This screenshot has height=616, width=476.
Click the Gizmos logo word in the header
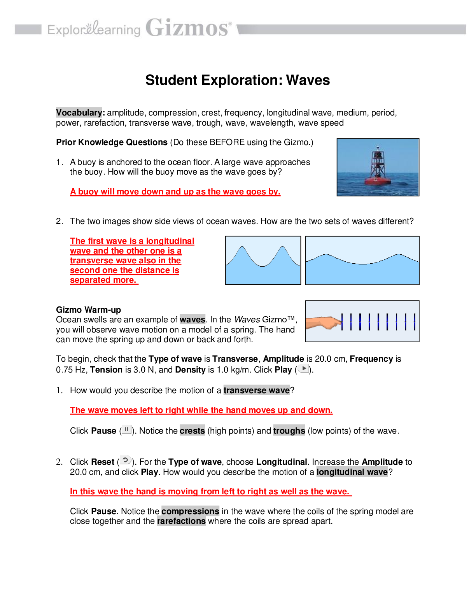[188, 28]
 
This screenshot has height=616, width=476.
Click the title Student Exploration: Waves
[238, 80]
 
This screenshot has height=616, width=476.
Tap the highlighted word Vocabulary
[79, 113]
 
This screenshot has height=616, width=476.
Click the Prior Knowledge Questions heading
[112, 142]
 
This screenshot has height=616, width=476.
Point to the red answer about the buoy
[175, 192]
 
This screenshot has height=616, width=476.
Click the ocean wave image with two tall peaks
[263, 260]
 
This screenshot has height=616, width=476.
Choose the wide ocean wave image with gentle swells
[362, 260]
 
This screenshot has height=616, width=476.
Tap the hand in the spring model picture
[323, 322]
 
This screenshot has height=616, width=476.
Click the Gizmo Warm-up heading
[88, 310]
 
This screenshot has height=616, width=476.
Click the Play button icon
[304, 369]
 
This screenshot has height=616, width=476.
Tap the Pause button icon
[126, 430]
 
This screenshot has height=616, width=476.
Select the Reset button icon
[125, 460]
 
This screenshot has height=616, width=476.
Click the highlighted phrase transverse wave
[257, 390]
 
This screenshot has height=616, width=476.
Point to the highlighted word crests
[192, 431]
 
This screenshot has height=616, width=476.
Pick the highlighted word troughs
[289, 431]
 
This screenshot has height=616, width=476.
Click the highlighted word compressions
[190, 511]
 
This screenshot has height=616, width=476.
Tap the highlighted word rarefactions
[181, 521]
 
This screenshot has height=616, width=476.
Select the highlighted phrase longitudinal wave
[352, 472]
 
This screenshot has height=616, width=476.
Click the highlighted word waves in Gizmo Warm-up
[192, 320]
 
